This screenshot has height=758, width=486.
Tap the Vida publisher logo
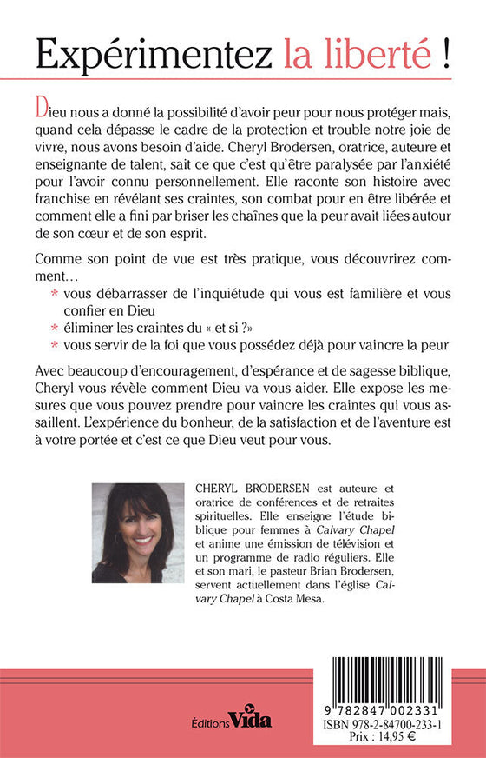(253, 719)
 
